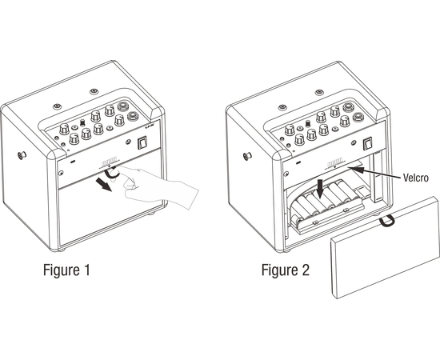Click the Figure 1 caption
[66, 270]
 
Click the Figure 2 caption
[286, 270]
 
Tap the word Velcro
[415, 178]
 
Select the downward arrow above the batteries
[320, 190]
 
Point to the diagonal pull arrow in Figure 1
[103, 185]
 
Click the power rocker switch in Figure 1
[142, 142]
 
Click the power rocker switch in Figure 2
[368, 143]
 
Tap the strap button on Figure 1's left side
[22, 154]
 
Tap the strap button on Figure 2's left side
[247, 156]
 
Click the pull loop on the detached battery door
[387, 222]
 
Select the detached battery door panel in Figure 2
[385, 247]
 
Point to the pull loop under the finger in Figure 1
[110, 174]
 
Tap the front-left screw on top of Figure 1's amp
[58, 106]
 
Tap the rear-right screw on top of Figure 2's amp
[319, 92]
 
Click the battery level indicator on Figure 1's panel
[109, 163]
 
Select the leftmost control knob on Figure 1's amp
[64, 129]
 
